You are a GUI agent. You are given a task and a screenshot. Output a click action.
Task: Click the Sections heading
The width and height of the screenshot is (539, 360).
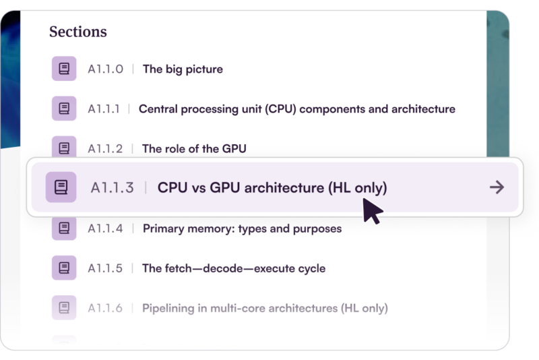click(78, 32)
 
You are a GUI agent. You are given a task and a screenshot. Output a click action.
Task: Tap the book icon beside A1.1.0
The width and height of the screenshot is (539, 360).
click(64, 68)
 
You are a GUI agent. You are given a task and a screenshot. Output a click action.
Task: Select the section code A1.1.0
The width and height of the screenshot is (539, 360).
click(105, 69)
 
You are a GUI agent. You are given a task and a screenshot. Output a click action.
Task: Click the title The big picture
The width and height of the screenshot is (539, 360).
click(183, 69)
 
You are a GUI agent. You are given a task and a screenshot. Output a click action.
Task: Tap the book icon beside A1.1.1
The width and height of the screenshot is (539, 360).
click(64, 109)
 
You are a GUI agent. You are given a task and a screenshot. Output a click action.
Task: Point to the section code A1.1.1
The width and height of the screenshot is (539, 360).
click(104, 109)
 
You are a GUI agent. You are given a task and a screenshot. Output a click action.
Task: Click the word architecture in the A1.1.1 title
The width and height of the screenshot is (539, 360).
click(423, 109)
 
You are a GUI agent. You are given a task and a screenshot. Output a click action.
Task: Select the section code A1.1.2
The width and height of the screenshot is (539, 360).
click(105, 149)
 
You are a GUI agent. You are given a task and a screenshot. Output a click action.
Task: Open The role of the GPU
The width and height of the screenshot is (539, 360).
click(194, 149)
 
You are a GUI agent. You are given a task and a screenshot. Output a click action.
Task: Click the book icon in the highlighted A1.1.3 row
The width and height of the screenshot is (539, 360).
click(61, 187)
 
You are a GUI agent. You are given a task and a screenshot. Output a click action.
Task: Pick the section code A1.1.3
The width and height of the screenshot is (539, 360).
click(112, 187)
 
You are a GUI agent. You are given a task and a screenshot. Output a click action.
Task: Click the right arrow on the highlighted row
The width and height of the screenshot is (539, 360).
click(497, 187)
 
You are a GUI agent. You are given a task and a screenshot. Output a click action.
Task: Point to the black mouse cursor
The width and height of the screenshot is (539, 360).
click(373, 211)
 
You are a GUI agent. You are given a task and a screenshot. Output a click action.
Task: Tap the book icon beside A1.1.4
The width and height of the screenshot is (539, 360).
click(64, 228)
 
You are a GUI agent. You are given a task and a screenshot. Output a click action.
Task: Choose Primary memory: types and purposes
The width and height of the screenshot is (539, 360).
click(243, 229)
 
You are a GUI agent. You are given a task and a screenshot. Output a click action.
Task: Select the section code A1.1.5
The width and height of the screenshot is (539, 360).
click(105, 268)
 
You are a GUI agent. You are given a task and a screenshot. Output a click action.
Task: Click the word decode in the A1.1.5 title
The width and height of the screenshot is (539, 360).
click(223, 268)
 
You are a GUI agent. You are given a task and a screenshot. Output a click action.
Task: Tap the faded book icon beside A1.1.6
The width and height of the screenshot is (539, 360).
click(64, 307)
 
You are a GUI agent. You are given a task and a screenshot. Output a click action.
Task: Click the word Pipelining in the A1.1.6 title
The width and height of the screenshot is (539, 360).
click(168, 308)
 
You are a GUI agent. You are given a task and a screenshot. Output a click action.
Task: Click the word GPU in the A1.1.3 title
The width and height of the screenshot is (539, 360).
click(225, 187)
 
